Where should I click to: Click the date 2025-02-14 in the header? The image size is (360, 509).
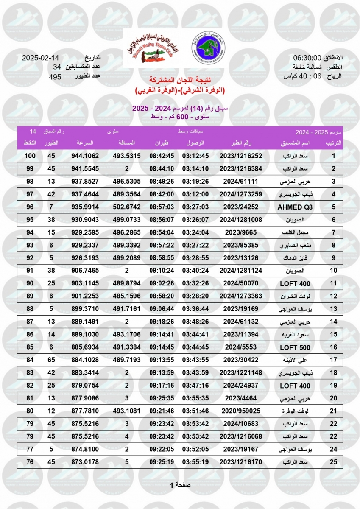[x=40, y=58]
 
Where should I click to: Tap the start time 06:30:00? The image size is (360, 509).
[x=307, y=58]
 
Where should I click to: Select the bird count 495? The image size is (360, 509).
[x=55, y=77]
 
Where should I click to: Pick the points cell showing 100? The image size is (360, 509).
[x=29, y=156]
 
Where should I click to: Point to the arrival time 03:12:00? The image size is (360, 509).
[x=195, y=194]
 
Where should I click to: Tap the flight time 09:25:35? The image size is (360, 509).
[x=162, y=399]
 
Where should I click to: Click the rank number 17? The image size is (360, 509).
[x=333, y=360]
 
